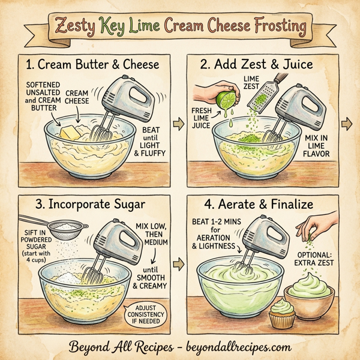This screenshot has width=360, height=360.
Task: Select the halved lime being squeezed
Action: (x=226, y=97)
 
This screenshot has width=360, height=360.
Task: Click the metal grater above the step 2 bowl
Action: (x=268, y=94)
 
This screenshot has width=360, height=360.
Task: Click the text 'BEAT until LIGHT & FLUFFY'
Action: (x=152, y=141)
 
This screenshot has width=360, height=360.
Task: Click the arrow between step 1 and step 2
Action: (x=178, y=124)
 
